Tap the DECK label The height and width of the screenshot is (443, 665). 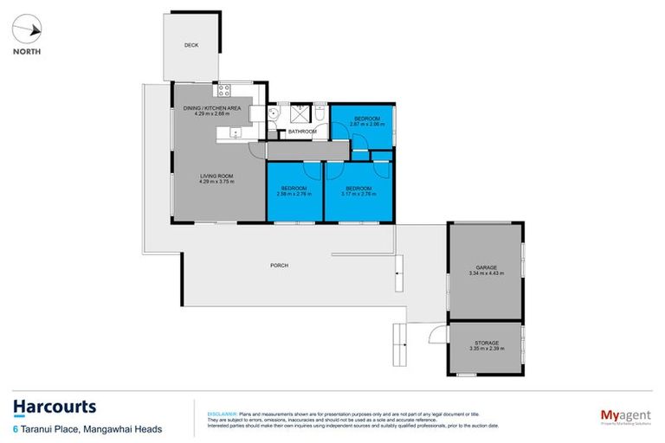[191, 46]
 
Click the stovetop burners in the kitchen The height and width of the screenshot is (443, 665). [223, 90]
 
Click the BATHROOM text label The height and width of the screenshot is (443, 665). [302, 132]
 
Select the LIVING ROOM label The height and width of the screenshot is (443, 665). [216, 176]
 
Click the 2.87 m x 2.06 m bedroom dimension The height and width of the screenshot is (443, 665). [366, 124]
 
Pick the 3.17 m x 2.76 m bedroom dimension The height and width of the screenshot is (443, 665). [358, 194]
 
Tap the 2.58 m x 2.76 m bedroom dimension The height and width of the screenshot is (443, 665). [293, 194]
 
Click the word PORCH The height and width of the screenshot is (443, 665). [279, 265]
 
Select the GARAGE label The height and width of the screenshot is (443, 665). [485, 267]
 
